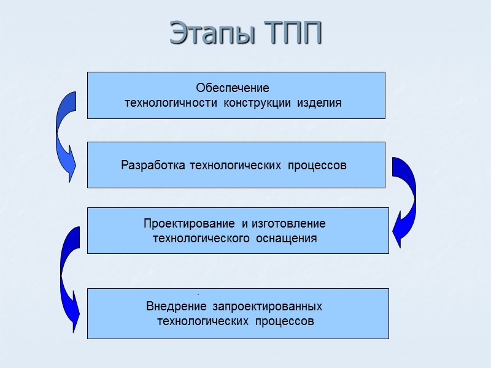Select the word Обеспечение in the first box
pos(233,88)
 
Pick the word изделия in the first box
pos(319,102)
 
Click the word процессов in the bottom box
pos(284,321)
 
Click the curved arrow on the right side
pos(404,199)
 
